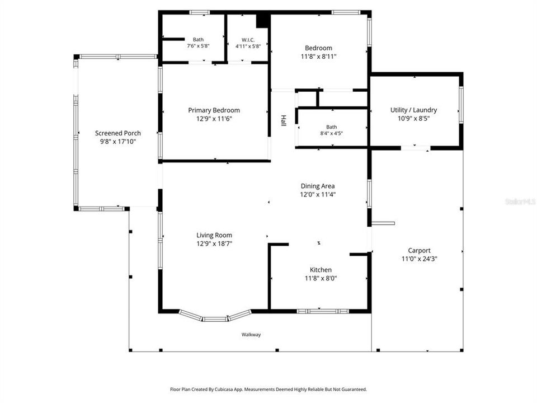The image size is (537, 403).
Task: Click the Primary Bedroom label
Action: (x=214, y=110)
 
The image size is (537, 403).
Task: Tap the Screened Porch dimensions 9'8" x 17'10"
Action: (x=118, y=142)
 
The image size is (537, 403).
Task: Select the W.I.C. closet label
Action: (x=248, y=40)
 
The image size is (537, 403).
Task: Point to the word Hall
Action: (x=283, y=120)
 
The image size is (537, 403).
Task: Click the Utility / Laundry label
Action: (x=413, y=110)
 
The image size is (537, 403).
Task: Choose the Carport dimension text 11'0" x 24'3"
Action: (x=419, y=259)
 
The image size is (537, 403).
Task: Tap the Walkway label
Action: (x=251, y=335)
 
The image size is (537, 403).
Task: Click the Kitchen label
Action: (x=321, y=270)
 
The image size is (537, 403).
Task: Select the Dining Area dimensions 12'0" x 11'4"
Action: (x=318, y=195)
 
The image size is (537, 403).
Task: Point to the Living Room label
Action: (x=214, y=235)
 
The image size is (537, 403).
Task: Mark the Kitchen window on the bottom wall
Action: (x=323, y=311)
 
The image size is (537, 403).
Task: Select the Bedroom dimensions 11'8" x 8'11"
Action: (x=318, y=57)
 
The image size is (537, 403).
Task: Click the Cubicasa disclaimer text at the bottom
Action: (x=268, y=390)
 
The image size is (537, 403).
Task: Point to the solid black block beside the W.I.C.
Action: (x=263, y=21)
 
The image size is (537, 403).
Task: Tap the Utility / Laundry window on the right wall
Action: (x=461, y=105)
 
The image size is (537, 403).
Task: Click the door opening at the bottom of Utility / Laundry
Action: (x=416, y=148)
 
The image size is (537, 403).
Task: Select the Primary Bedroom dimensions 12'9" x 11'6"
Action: (x=214, y=119)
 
